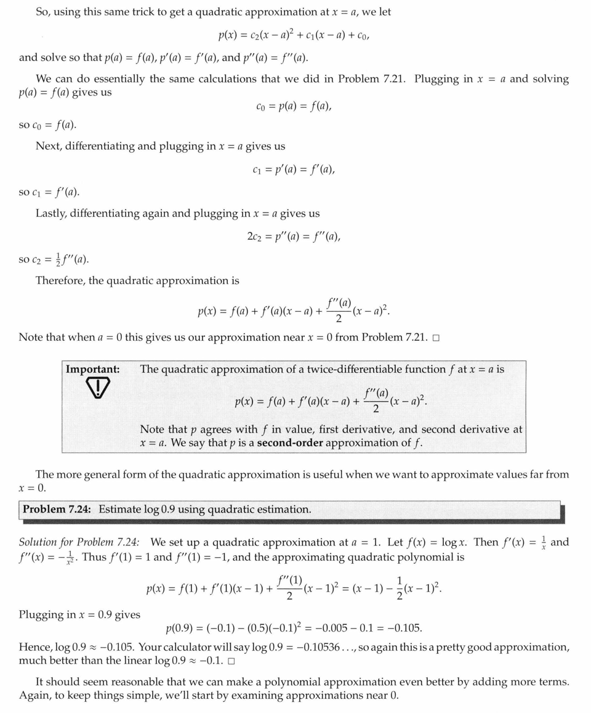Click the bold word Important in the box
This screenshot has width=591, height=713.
(x=93, y=369)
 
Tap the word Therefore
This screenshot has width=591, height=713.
(x=60, y=280)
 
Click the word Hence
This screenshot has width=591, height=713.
(x=34, y=647)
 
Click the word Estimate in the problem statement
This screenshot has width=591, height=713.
(x=121, y=510)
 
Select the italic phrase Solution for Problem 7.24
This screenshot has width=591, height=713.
(x=79, y=542)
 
